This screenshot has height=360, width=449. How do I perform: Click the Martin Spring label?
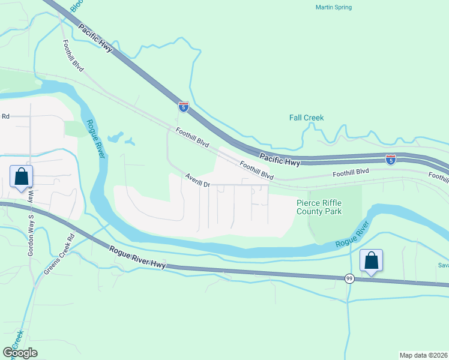(333, 7)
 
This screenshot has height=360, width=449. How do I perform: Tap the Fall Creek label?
(306, 118)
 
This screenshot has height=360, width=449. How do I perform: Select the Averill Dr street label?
(197, 181)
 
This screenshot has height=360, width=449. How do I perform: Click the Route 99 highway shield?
(349, 278)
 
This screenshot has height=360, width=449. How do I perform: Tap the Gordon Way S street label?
(29, 233)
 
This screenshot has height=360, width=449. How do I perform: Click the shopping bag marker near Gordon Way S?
(21, 177)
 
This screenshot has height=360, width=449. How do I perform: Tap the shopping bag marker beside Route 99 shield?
(372, 260)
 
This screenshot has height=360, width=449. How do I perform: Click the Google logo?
(20, 352)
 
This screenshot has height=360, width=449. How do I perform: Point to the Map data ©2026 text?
(424, 355)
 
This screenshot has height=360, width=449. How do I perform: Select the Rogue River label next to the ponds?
(96, 139)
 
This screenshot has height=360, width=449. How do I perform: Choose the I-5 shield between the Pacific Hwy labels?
(184, 107)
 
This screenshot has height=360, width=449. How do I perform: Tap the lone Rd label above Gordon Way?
(6, 116)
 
